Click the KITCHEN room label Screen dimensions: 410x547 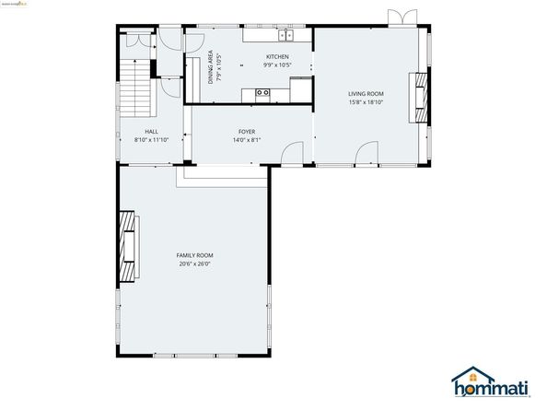point(276,56)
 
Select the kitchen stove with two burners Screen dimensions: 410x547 point(263,92)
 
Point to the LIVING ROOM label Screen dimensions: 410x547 point(366,93)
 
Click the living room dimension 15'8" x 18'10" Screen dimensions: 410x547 point(366,102)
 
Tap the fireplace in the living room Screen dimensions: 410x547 point(422,96)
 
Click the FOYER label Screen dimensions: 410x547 point(246,131)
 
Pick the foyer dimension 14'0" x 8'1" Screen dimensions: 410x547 point(246,140)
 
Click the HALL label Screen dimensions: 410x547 point(152,131)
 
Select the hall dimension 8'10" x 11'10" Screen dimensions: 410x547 point(152,140)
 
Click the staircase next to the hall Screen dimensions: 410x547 point(136,83)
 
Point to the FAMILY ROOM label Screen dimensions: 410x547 point(195,254)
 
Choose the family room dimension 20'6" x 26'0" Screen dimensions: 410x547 point(195,264)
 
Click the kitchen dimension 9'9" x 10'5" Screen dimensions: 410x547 point(276,65)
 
